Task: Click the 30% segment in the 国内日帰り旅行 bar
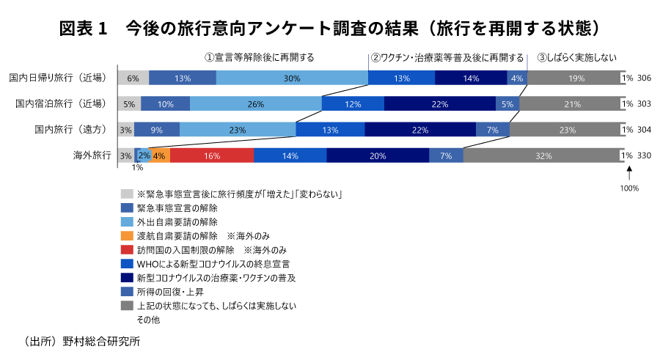click(292, 78)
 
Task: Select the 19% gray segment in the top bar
click(576, 78)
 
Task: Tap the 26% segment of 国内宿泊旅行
click(255, 103)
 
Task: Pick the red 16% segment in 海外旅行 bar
click(212, 155)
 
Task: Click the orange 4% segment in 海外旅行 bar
click(160, 155)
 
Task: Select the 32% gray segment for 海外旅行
click(544, 155)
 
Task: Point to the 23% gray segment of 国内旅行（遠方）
click(566, 130)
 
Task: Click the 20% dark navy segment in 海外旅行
click(378, 155)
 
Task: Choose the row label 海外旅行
click(91, 155)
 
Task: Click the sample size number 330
click(644, 155)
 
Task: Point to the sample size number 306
click(644, 78)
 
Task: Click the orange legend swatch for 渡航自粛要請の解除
click(127, 236)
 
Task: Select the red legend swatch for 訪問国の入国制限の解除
click(127, 250)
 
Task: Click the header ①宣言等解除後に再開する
click(259, 57)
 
